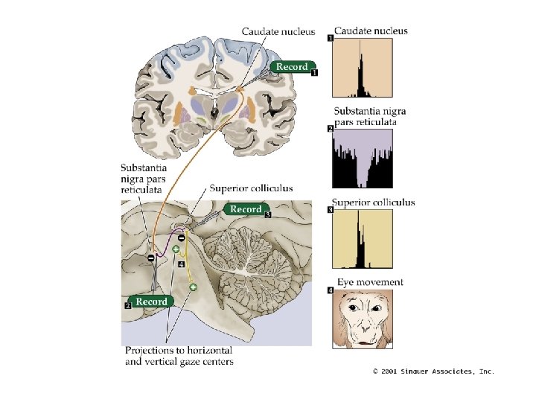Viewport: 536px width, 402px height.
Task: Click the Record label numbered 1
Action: (x=292, y=67)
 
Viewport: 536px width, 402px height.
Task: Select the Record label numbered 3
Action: (x=246, y=209)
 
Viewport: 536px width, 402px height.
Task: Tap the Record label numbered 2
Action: (x=151, y=301)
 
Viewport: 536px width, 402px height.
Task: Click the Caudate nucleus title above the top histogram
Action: (x=371, y=31)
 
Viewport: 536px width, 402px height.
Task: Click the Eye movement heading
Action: (x=370, y=282)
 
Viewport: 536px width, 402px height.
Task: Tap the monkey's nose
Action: (x=363, y=328)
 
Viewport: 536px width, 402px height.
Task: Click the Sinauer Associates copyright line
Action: (x=433, y=371)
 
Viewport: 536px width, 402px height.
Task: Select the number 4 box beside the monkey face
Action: (x=331, y=290)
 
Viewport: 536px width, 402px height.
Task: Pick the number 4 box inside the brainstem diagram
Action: (x=181, y=264)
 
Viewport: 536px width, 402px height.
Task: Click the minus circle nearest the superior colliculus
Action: (x=181, y=237)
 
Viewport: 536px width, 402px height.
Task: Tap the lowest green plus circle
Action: (x=193, y=287)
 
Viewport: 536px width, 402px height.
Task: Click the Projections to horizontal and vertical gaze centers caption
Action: (x=179, y=356)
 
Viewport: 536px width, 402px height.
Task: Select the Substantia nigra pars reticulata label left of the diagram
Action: (x=142, y=179)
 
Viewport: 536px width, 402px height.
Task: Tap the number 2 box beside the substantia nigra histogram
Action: (x=331, y=130)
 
